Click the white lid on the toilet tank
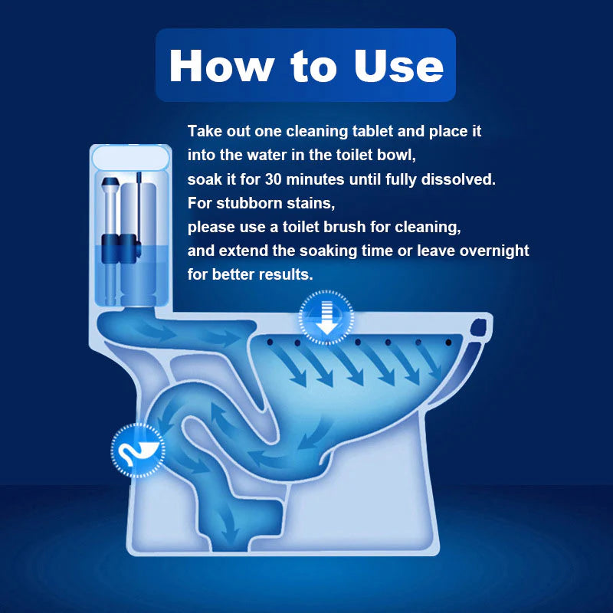pos(129,157)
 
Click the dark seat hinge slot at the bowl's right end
pos(481,329)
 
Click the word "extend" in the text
pos(240,251)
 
